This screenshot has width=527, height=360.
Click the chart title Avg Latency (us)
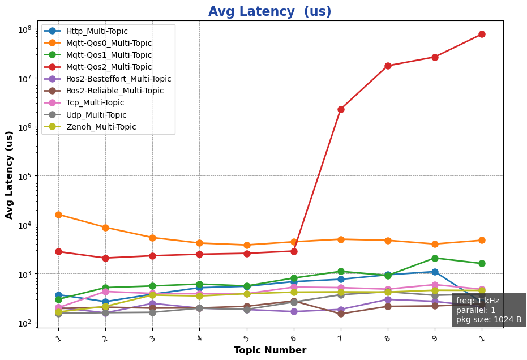(269, 12)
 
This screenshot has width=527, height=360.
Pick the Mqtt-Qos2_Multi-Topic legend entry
(109, 67)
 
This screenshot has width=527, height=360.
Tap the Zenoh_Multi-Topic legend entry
(101, 127)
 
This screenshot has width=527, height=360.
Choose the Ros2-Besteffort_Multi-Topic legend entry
(118, 79)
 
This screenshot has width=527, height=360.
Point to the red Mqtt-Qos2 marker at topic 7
(341, 109)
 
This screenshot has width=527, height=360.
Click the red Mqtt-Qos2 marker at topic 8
(388, 66)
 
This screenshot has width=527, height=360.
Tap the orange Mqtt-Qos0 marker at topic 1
(58, 215)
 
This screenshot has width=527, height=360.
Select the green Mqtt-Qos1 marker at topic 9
(435, 258)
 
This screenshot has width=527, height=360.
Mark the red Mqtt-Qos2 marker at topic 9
(435, 57)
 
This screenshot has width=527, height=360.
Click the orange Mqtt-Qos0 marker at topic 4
(199, 243)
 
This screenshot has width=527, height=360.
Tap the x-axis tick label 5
(246, 338)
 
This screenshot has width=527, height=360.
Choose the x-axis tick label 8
(387, 338)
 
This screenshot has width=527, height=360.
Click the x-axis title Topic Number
(269, 350)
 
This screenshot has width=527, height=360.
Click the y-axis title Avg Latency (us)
(10, 174)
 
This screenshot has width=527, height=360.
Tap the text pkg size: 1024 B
(489, 319)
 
